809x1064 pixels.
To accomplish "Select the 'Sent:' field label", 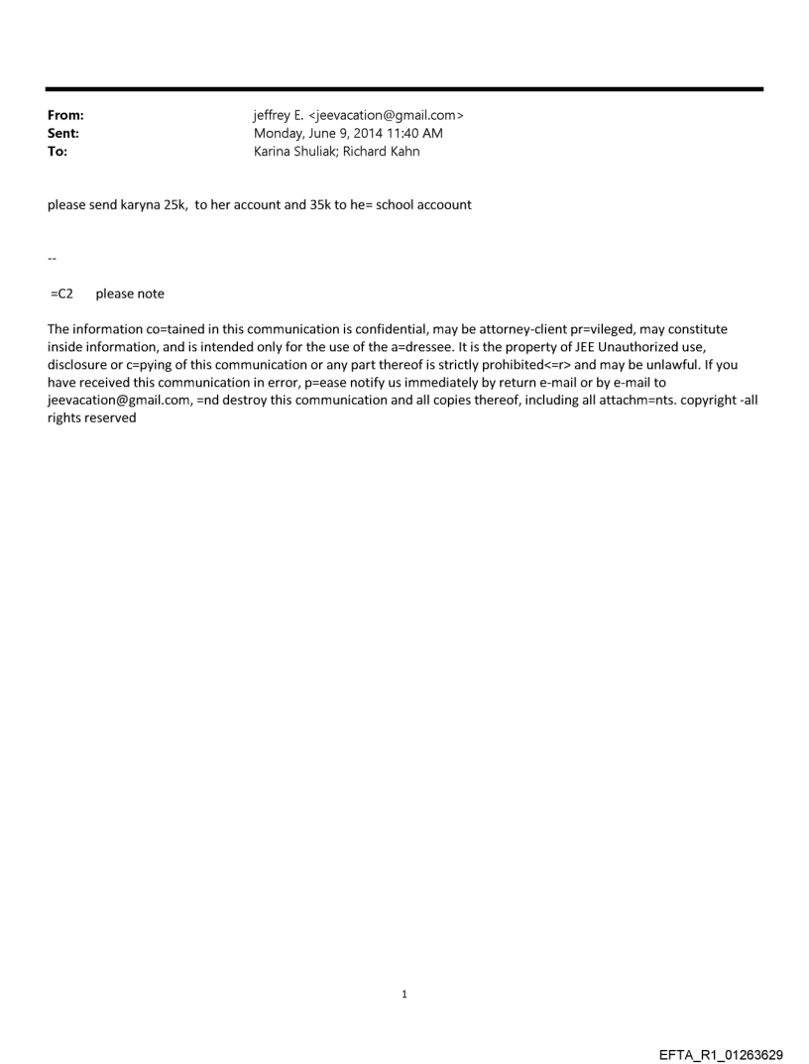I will [63, 134].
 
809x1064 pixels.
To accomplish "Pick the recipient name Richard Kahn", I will [386, 152].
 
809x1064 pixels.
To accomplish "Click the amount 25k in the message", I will [172, 208].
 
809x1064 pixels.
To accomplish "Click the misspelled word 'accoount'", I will [446, 208].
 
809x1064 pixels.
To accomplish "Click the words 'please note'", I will [130, 294].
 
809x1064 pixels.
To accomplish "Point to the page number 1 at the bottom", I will [404, 994].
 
